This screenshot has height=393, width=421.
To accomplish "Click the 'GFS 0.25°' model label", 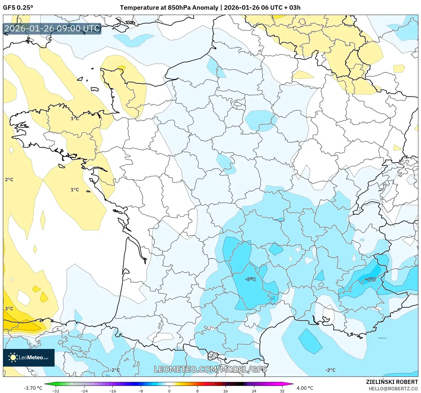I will pos(18,8).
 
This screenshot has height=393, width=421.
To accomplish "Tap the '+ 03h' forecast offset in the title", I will pos(292,8).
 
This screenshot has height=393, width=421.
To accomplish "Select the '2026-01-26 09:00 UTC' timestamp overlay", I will pos(52,29).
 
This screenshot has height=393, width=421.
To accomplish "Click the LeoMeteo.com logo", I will pos(29,357).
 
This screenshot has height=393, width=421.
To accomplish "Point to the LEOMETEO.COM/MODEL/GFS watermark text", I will pos(210,369).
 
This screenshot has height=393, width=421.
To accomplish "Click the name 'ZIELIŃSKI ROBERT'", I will pos(392,382).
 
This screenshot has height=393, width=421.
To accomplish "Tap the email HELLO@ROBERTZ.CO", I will pos(393,389).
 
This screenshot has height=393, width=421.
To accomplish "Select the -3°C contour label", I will pos(250,279).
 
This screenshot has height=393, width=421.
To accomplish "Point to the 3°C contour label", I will pos(9,308).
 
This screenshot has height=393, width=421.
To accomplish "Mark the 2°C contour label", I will pos(9,179).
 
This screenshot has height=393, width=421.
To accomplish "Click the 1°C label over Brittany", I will pos(75,118).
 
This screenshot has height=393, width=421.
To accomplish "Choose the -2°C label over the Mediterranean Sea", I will pos(330,370).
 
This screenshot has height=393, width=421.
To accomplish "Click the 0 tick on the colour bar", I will pos(169,391).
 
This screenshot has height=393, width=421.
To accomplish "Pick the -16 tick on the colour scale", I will pos(112,391).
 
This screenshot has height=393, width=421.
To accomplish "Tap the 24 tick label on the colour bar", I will pos(254,391).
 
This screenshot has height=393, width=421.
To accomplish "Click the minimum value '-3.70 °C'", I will pos(33,388).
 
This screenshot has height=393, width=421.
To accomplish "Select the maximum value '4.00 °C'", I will pos(305,388).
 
